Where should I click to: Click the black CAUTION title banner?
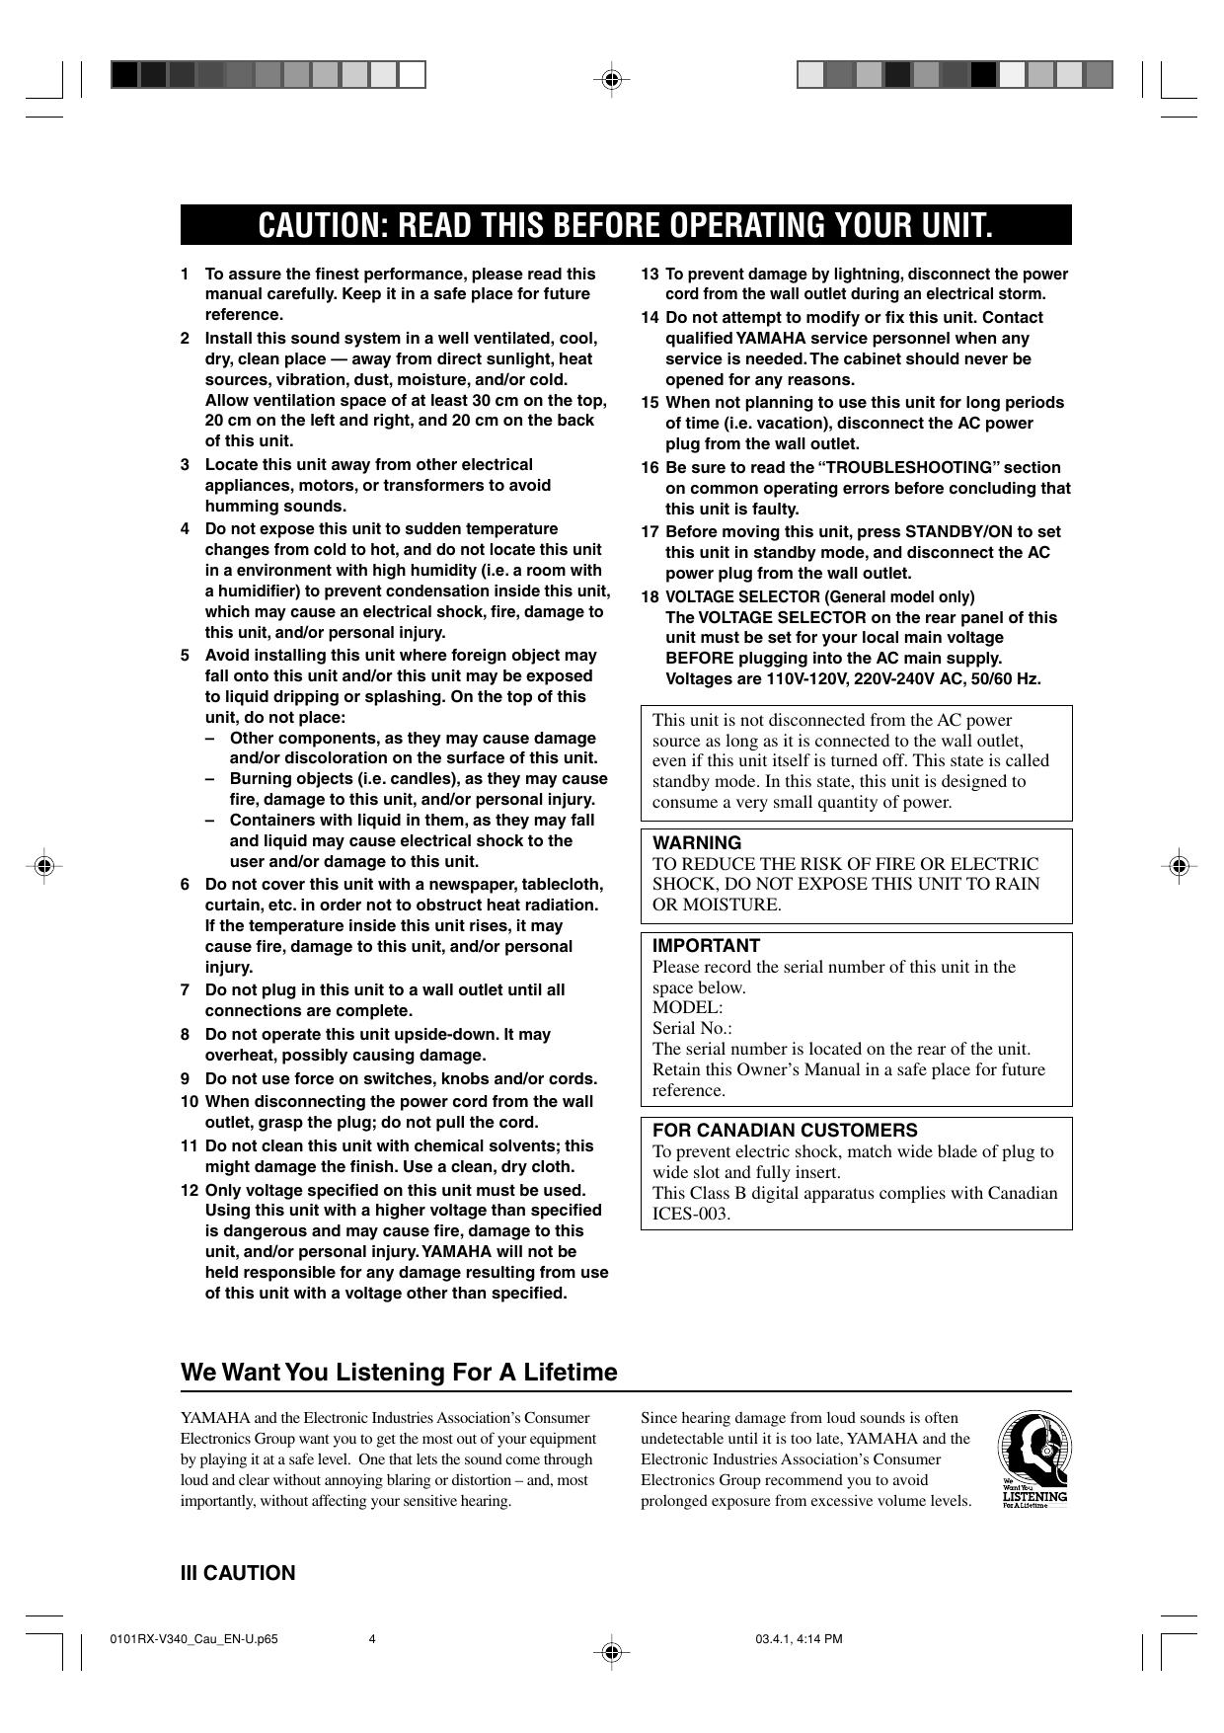(x=625, y=225)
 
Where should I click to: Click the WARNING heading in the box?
(x=697, y=842)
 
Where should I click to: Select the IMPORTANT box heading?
(x=706, y=945)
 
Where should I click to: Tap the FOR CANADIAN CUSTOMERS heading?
(x=785, y=1130)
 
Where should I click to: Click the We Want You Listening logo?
(x=1033, y=1458)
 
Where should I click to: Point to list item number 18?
(x=650, y=596)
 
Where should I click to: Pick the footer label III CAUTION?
(x=237, y=1573)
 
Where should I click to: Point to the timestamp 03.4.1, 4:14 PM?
(x=799, y=1640)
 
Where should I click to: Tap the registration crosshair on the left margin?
(x=42, y=866)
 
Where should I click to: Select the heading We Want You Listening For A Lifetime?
(x=399, y=1372)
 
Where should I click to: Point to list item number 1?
(x=185, y=274)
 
